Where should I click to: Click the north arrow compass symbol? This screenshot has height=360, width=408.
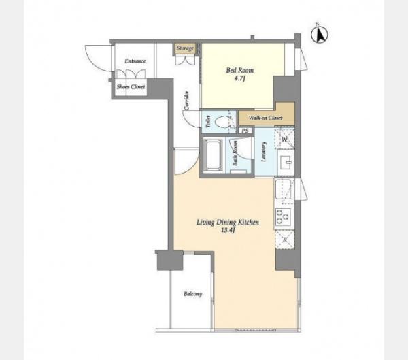click(x=320, y=34)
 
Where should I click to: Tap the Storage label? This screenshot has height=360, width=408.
click(x=185, y=48)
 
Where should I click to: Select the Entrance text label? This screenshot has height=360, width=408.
click(x=135, y=61)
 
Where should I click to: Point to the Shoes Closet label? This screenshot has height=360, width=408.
click(x=131, y=86)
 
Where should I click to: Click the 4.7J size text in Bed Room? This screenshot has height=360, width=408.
click(x=239, y=78)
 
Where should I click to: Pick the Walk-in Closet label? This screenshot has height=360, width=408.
click(x=265, y=118)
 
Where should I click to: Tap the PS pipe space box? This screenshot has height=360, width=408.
click(x=245, y=131)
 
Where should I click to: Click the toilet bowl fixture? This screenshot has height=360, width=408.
click(x=223, y=122)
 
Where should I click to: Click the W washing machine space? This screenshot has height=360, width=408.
click(x=284, y=138)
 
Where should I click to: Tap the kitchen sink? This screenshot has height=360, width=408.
click(x=283, y=189)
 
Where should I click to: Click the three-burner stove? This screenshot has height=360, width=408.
click(x=282, y=216)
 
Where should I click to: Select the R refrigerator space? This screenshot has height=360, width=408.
click(x=285, y=240)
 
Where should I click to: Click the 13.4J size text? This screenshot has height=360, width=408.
click(x=228, y=230)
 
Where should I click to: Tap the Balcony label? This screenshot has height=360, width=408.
click(x=193, y=294)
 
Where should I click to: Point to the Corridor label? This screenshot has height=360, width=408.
click(x=186, y=100)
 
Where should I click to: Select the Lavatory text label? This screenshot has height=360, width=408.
click(x=264, y=152)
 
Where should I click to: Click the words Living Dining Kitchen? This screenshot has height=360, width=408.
click(x=228, y=223)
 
